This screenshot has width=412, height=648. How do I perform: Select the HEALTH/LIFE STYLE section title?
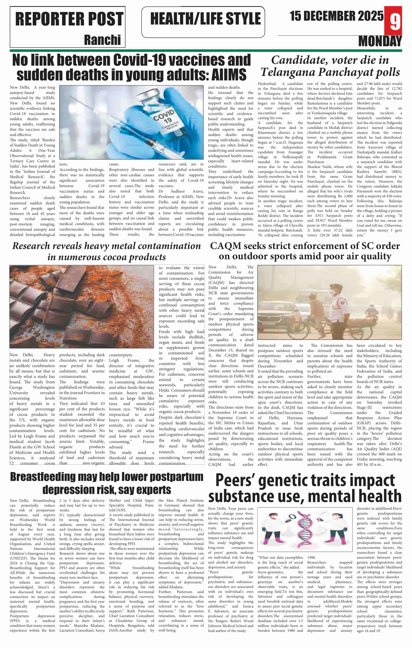tap(205, 19)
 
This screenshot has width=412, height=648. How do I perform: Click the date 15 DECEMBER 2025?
tap(336, 16)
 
